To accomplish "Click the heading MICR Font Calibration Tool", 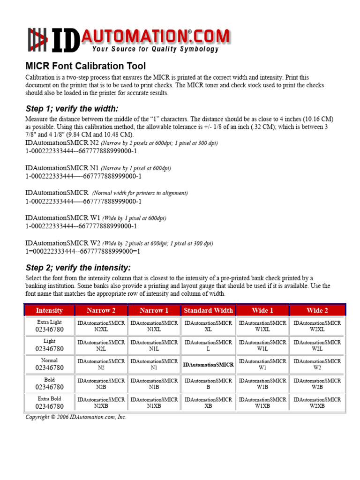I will tap(85, 66).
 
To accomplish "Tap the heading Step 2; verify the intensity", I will tap(78, 268).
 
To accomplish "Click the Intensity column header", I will tap(49, 310).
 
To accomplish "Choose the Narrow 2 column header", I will tap(101, 310).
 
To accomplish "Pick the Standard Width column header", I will tap(208, 310).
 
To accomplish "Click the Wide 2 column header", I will tap(317, 310).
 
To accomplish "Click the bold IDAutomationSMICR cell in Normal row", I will tap(208, 364).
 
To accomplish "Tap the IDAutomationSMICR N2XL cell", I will tap(101, 326).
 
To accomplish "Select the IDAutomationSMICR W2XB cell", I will tap(317, 403).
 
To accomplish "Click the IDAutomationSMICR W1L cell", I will tap(262, 345).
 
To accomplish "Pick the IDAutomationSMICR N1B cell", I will tap(154, 384).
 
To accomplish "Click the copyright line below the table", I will tap(76, 417).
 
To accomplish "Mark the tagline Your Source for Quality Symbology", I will tap(155, 49).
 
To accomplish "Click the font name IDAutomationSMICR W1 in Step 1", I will tap(63, 218).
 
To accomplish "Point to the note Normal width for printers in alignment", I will tap(140, 193).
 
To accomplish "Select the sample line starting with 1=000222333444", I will tap(83, 251).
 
